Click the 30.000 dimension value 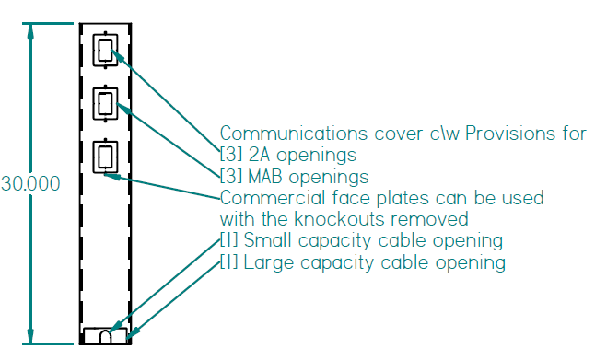(x=30, y=184)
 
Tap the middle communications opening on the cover (x=108, y=102)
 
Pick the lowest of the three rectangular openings (x=108, y=156)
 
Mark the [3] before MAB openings (x=230, y=176)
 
